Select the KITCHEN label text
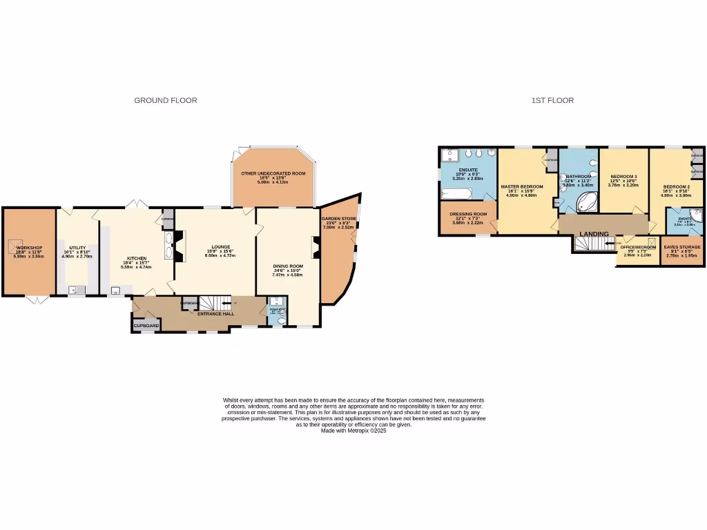137,258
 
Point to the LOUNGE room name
220,246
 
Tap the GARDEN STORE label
338,218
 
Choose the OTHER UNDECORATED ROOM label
273,173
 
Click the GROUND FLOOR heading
166,101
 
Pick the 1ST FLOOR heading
552,101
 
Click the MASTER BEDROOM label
522,186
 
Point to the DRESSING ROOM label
469,214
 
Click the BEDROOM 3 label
623,177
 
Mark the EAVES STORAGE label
682,246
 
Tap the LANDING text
595,234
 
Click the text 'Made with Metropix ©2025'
353,431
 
